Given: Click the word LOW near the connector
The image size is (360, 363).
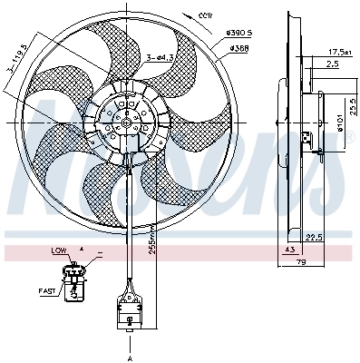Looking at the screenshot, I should click(x=59, y=250).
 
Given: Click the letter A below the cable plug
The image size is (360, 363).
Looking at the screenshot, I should click(x=130, y=359).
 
